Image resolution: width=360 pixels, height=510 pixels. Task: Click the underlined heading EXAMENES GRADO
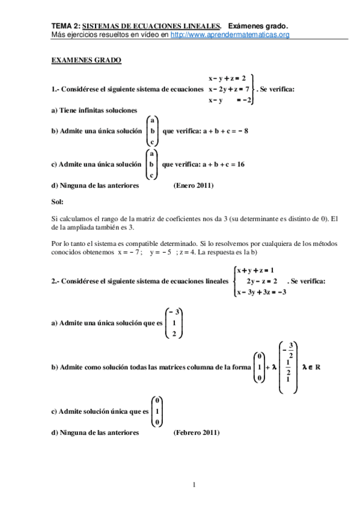pyautogui.click(x=87, y=61)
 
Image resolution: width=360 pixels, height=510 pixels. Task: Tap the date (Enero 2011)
pyautogui.click(x=194, y=186)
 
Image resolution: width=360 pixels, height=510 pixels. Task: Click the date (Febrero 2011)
pyautogui.click(x=197, y=432)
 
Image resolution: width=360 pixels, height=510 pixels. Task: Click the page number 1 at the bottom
pyautogui.click(x=194, y=484)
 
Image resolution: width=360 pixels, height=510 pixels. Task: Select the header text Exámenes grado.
pyautogui.click(x=258, y=26)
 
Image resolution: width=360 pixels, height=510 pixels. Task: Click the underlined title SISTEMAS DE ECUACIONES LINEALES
pyautogui.click(x=151, y=26)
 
